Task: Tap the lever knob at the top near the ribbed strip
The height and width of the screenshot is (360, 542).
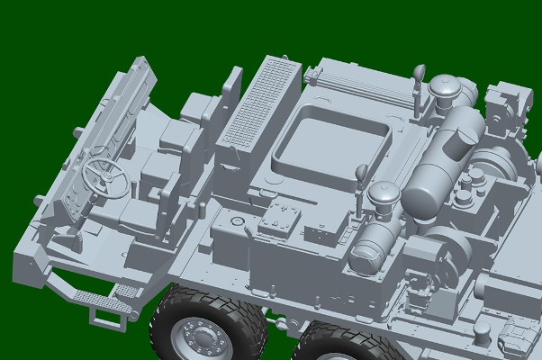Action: (419, 71)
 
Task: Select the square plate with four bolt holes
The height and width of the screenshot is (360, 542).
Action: (285, 219)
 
